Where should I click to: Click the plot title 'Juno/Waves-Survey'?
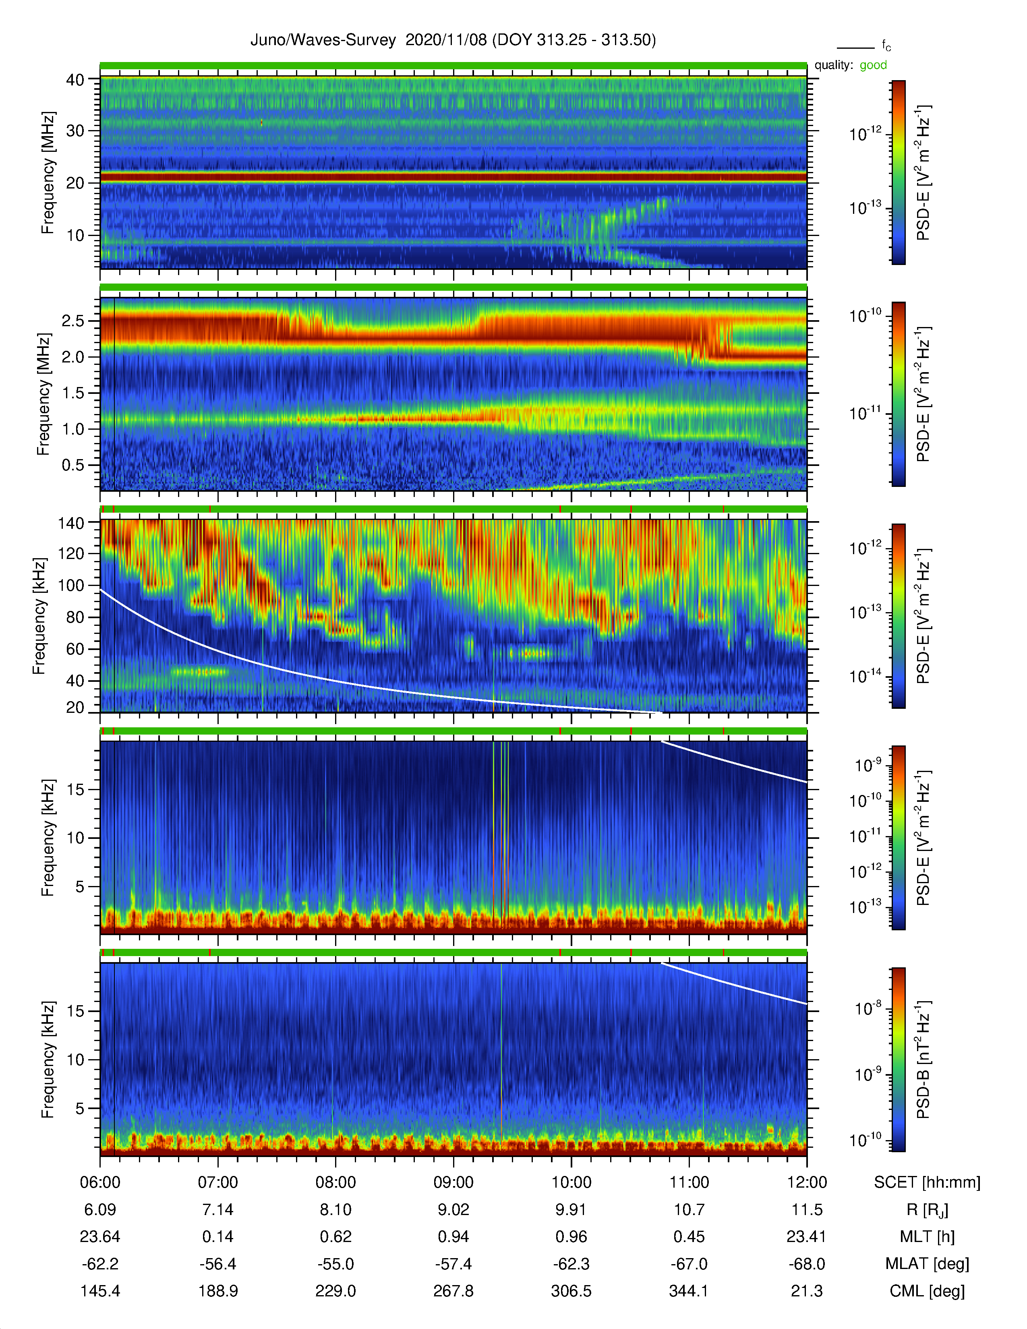click(323, 40)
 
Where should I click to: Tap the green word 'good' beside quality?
click(873, 65)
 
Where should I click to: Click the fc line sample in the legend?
click(855, 48)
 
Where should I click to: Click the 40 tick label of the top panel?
click(75, 80)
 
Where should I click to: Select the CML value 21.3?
click(806, 1291)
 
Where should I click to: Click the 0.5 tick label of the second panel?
click(72, 465)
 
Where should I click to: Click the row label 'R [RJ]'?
click(927, 1210)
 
